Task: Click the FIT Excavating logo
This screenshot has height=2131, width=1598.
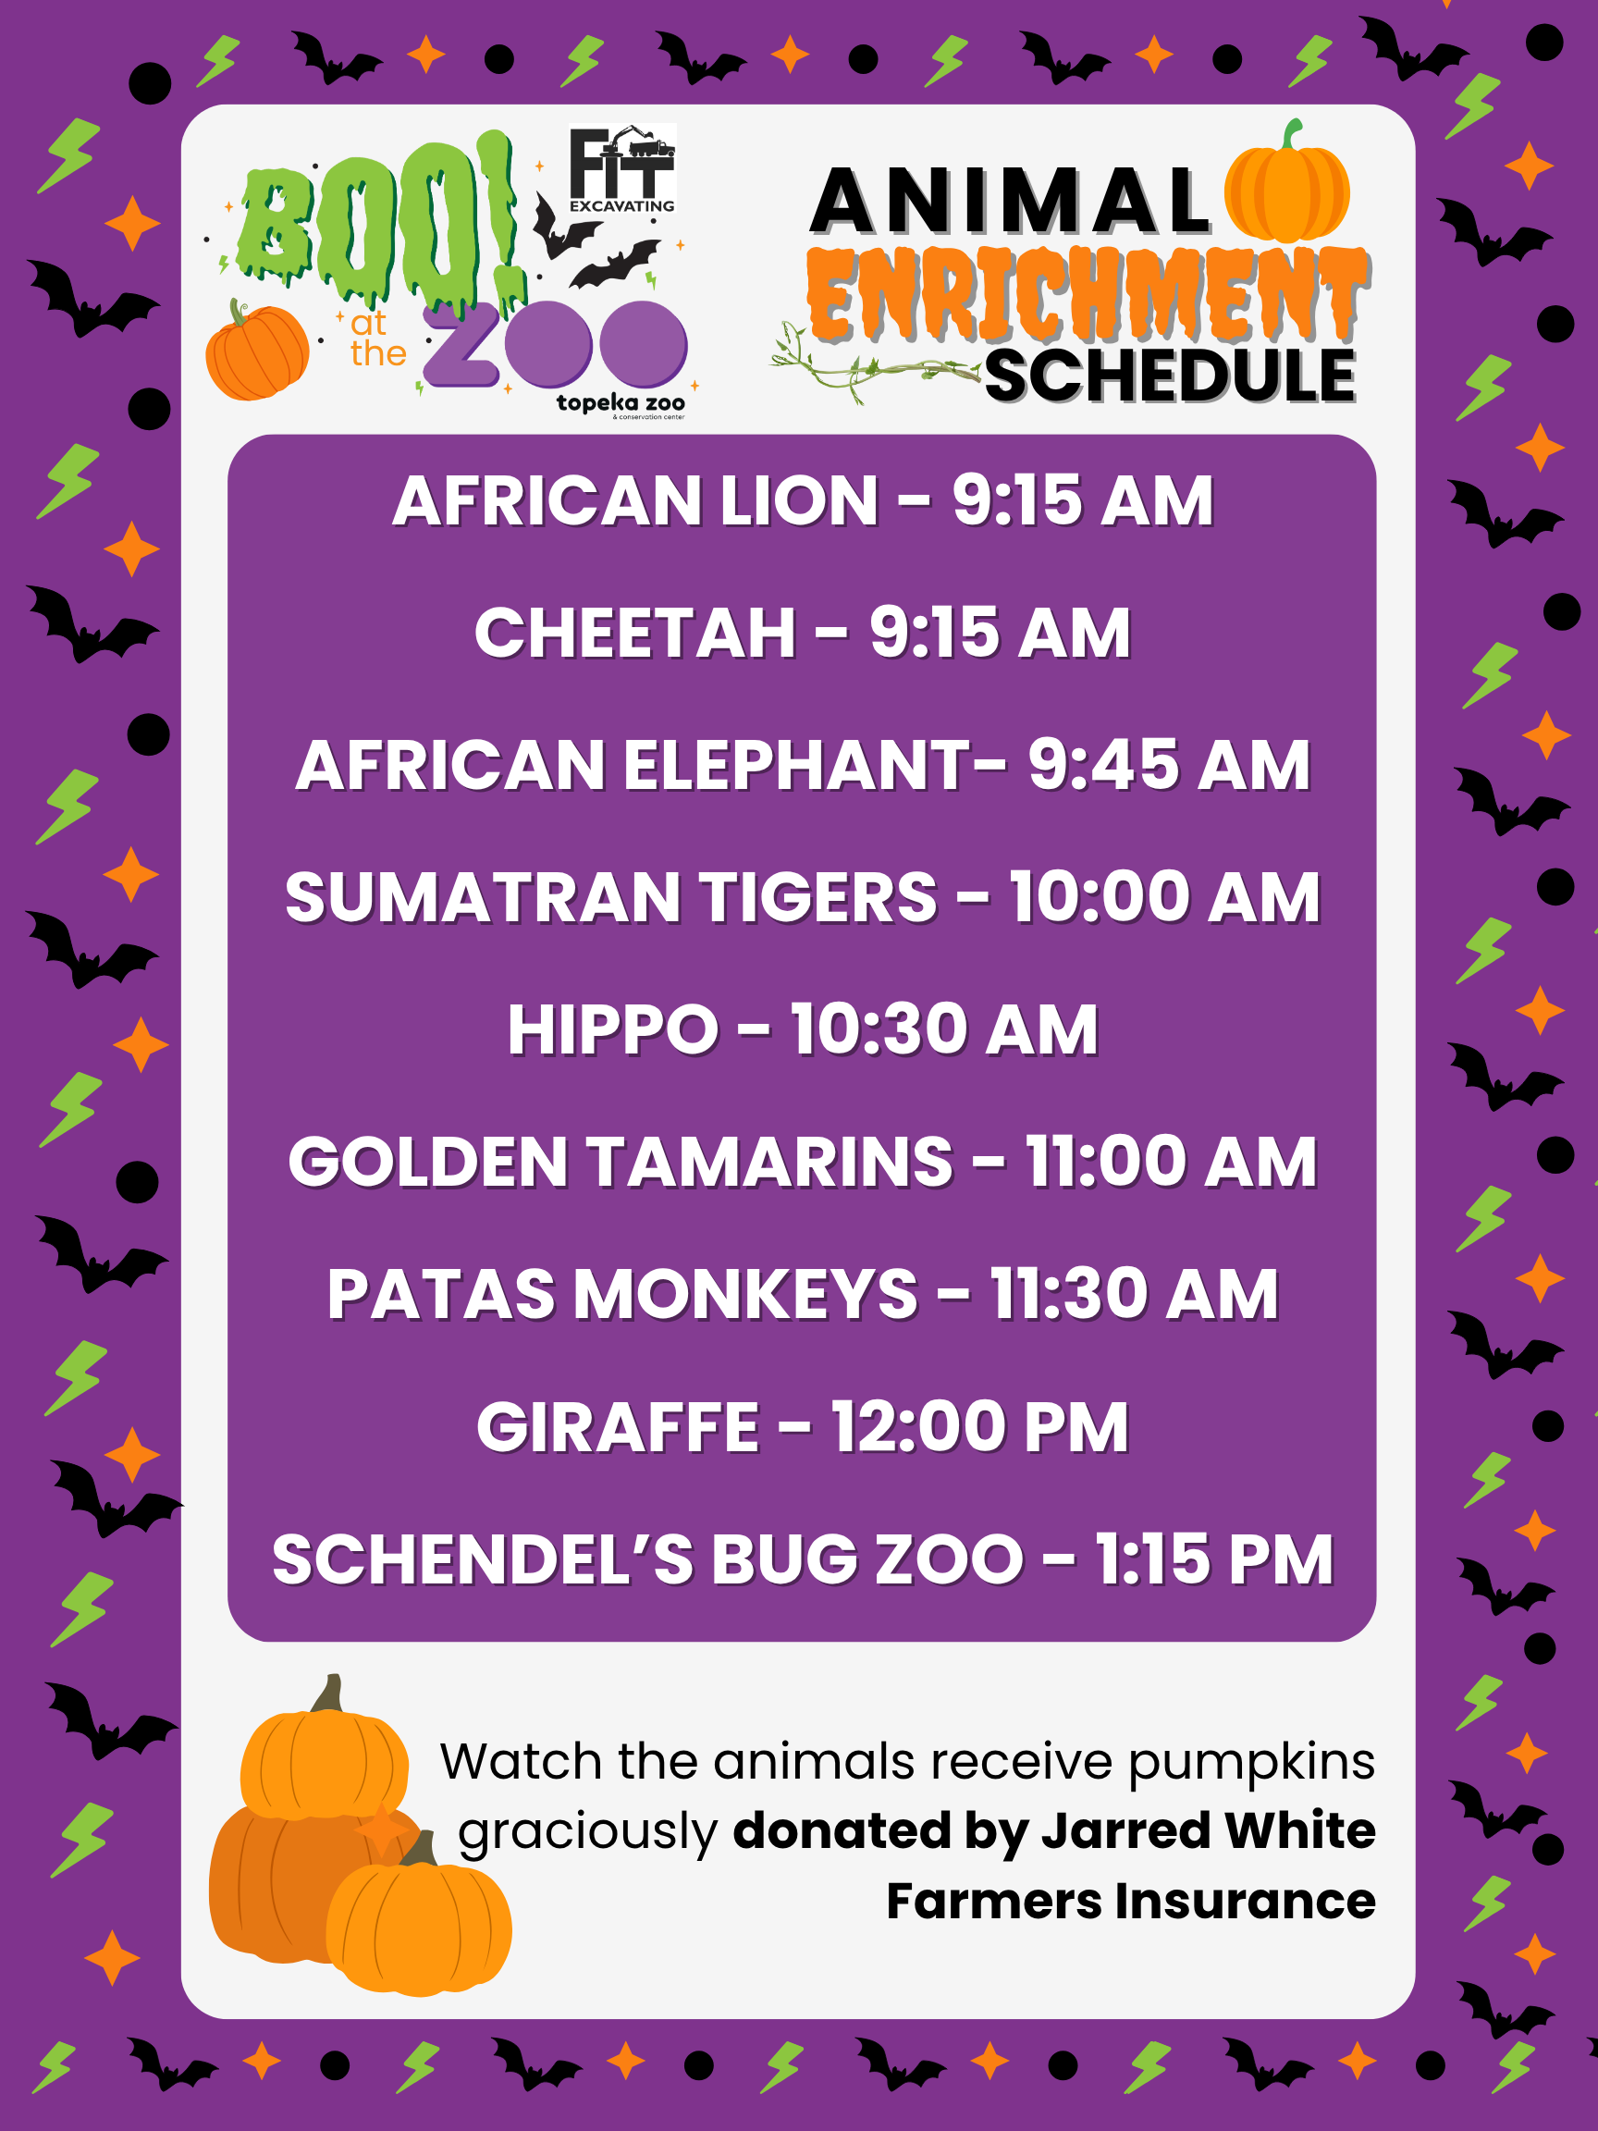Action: point(622,168)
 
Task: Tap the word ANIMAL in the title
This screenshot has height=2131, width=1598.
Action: point(1011,202)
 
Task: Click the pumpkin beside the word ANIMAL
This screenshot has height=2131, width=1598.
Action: point(1287,182)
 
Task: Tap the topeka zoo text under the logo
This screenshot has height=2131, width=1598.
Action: point(621,402)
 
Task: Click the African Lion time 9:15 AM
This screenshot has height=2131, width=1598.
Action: point(1083,501)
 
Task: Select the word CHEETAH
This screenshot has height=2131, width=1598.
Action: point(634,633)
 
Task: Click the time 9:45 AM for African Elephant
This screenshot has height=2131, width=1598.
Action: point(1169,765)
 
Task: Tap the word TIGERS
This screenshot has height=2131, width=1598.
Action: point(817,897)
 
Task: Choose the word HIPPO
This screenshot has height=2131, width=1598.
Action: point(612,1029)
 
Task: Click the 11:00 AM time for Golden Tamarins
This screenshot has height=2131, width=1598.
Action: point(1171,1162)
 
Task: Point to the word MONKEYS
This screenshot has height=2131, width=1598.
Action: point(745,1294)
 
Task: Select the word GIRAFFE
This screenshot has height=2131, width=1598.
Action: point(619,1427)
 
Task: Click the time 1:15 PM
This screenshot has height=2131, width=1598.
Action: point(1214,1558)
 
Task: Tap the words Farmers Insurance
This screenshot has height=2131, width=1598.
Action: point(1131,1901)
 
